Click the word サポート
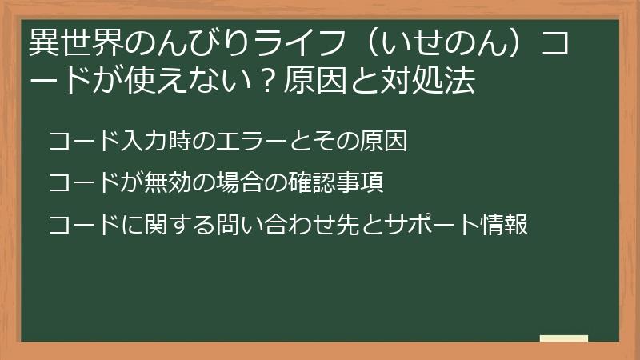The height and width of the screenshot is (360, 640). point(420,225)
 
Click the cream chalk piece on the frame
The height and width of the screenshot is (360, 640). point(564,339)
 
